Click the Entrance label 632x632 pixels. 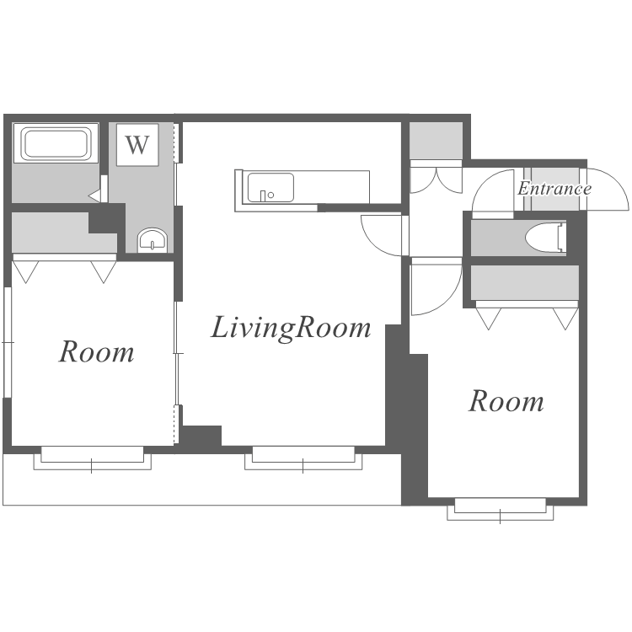pyautogui.click(x=554, y=188)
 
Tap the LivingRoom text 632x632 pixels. pyautogui.click(x=291, y=328)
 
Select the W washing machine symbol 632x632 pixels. pyautogui.click(x=137, y=145)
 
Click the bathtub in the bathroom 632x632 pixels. pyautogui.click(x=56, y=143)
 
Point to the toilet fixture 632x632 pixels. pyautogui.click(x=546, y=238)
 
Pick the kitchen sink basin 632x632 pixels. pyautogui.click(x=270, y=187)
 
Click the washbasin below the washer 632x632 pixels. pyautogui.click(x=153, y=241)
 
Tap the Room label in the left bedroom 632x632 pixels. pyautogui.click(x=97, y=352)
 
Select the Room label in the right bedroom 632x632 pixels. pyautogui.click(x=506, y=401)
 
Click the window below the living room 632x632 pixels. pyautogui.click(x=303, y=458)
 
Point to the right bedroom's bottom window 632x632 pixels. pyautogui.click(x=501, y=509)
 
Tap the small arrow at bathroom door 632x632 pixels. pyautogui.click(x=94, y=196)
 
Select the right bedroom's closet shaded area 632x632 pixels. pyautogui.click(x=525, y=282)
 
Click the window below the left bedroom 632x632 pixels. pyautogui.click(x=93, y=458)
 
